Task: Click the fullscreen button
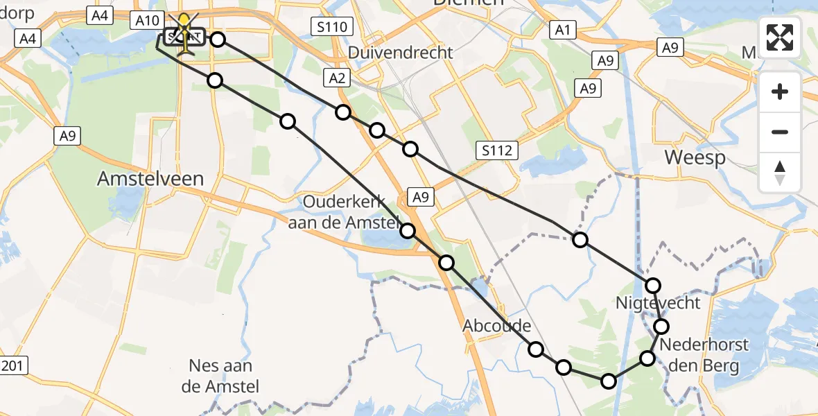pyautogui.click(x=781, y=37)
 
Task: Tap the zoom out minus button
pyautogui.click(x=781, y=132)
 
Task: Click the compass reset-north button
pyautogui.click(x=781, y=172)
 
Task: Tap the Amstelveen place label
pyautogui.click(x=150, y=178)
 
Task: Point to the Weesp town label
pyautogui.click(x=695, y=157)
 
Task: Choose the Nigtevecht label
pyautogui.click(x=658, y=303)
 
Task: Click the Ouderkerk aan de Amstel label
pyautogui.click(x=351, y=212)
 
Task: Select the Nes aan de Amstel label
pyautogui.click(x=220, y=375)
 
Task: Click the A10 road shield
pyautogui.click(x=146, y=21)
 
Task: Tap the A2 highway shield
pyautogui.click(x=337, y=78)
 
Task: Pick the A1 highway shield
pyautogui.click(x=562, y=29)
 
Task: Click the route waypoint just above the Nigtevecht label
pyautogui.click(x=652, y=285)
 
